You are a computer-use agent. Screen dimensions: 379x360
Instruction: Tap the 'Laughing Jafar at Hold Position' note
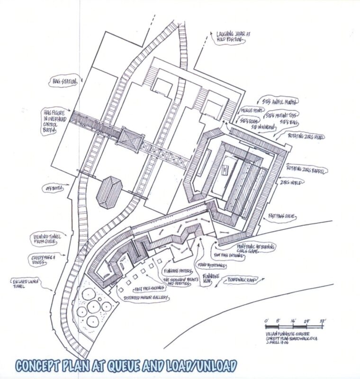(230, 36)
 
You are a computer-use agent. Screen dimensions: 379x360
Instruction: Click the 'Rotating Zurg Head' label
(306, 136)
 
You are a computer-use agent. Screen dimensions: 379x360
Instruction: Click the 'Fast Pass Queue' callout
(282, 216)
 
